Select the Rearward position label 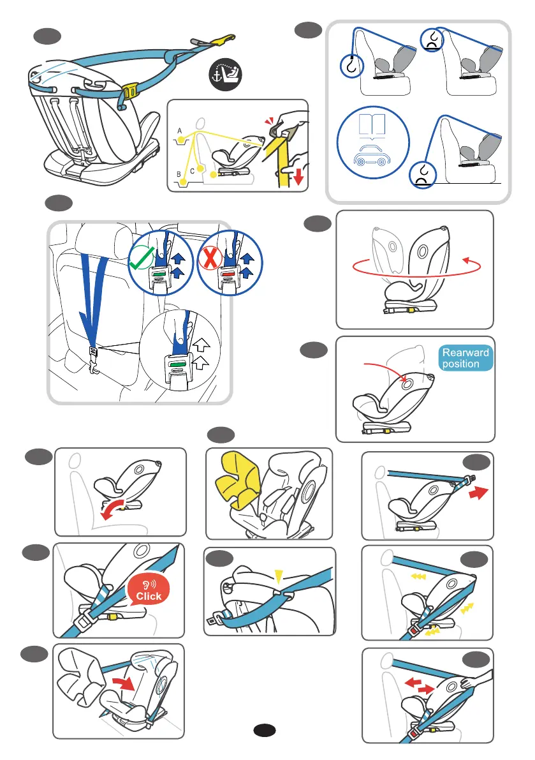465,358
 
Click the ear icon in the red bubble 147,583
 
